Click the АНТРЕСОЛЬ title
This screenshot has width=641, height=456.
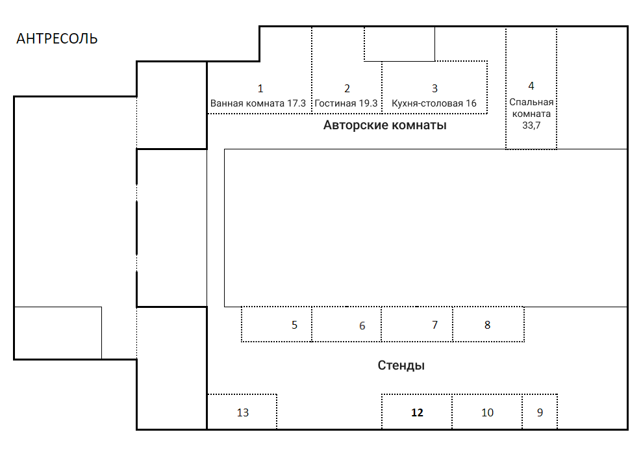pyautogui.click(x=57, y=39)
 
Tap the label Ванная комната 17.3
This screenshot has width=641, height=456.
pyautogui.click(x=258, y=103)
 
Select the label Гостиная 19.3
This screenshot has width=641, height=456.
pyautogui.click(x=346, y=103)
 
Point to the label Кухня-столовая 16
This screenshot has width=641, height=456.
pyautogui.click(x=434, y=103)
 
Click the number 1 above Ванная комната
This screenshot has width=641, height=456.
pyautogui.click(x=260, y=88)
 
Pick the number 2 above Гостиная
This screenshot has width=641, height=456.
pyautogui.click(x=347, y=88)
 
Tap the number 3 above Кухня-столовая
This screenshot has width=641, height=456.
pyautogui.click(x=434, y=88)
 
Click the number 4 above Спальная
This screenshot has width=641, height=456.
pyautogui.click(x=531, y=86)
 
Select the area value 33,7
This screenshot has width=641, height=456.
pyautogui.click(x=531, y=125)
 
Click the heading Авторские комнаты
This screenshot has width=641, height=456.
pyautogui.click(x=384, y=125)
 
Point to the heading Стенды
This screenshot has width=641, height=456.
pyautogui.click(x=401, y=366)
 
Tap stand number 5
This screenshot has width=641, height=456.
pyautogui.click(x=294, y=325)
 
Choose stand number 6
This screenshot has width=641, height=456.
pyautogui.click(x=362, y=326)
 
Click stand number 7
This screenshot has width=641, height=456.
pyautogui.click(x=435, y=325)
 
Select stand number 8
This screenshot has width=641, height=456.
pyautogui.click(x=488, y=325)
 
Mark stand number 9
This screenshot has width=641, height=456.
pyautogui.click(x=540, y=412)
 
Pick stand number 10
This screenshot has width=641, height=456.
pyautogui.click(x=487, y=412)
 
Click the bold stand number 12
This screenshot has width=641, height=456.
pyautogui.click(x=417, y=412)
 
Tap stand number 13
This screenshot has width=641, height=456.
pyautogui.click(x=242, y=412)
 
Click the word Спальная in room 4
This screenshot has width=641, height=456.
pyautogui.click(x=531, y=102)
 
